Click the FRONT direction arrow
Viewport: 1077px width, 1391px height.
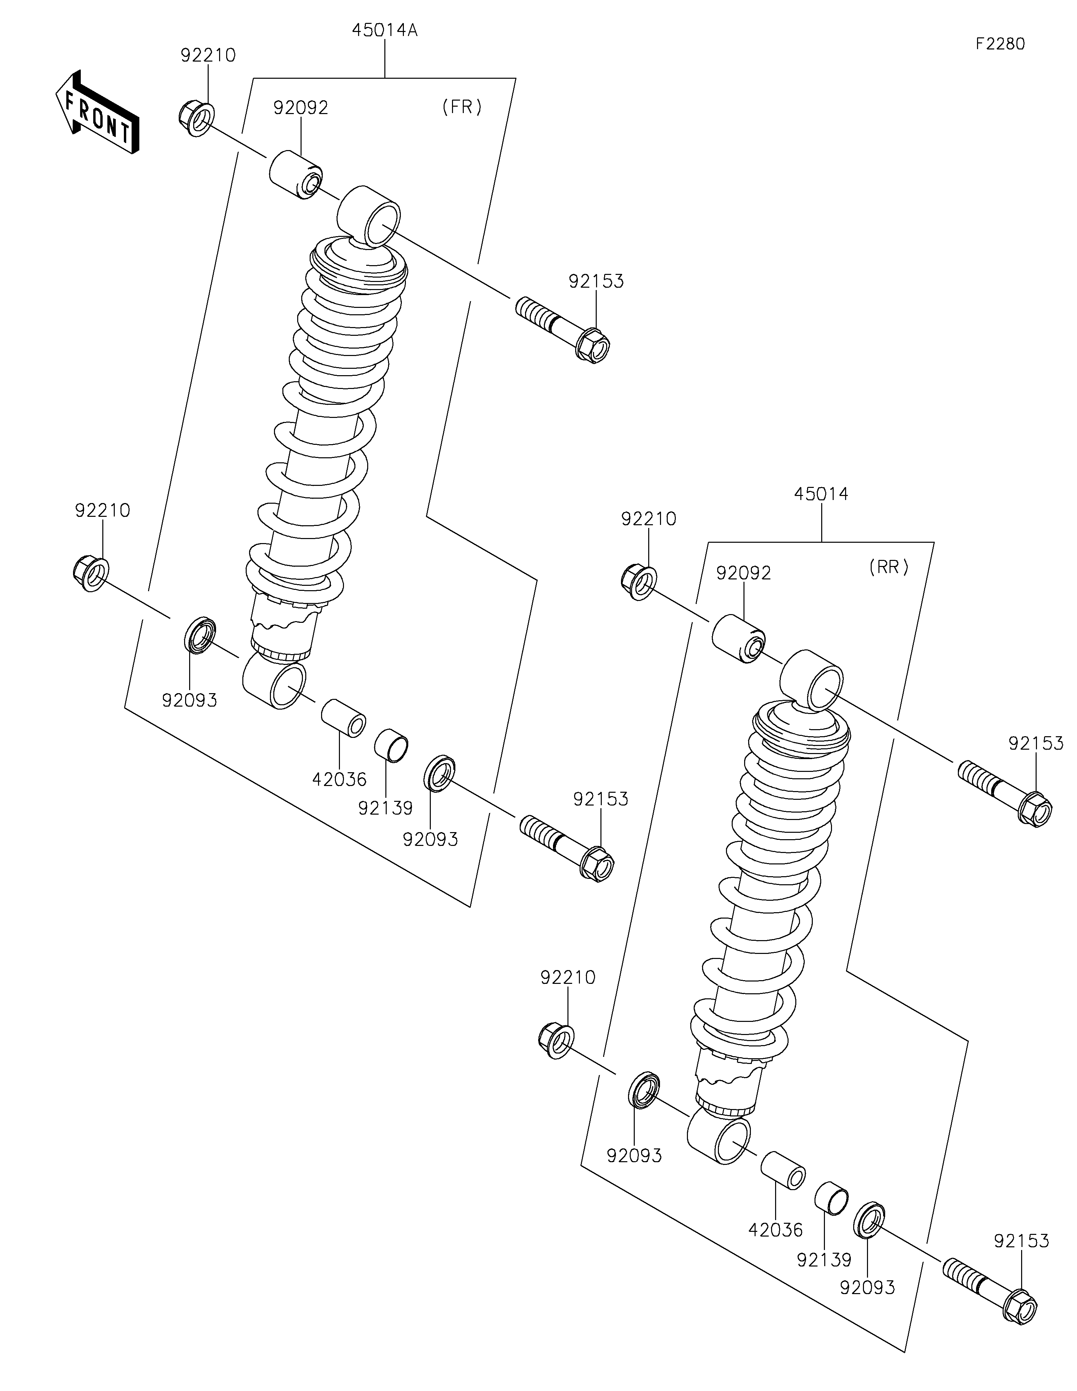click(x=97, y=112)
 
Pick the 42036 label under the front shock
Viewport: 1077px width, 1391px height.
click(x=340, y=778)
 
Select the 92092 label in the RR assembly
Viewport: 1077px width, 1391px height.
click(x=743, y=573)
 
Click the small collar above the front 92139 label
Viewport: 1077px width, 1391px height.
click(x=390, y=745)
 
